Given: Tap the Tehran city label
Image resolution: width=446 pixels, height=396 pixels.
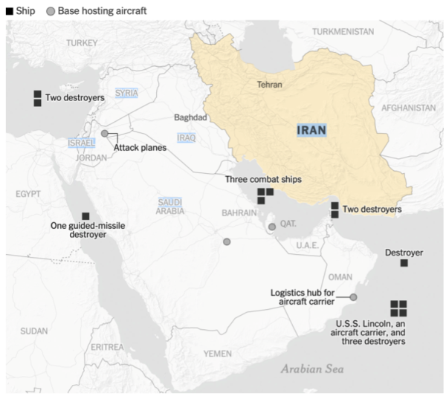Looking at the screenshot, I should pos(270,85).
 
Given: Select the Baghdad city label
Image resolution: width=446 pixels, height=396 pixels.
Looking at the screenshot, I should pos(190,117).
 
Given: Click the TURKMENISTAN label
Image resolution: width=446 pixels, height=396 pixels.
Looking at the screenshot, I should pos(343,32).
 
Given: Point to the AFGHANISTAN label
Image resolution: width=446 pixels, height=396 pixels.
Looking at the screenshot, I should pos(408,108).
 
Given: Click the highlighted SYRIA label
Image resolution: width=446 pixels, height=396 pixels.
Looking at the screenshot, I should pos(126,93).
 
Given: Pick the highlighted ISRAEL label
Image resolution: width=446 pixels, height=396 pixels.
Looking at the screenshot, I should pos(81,142).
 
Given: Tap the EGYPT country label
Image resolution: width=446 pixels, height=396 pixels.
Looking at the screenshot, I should pos(28,194).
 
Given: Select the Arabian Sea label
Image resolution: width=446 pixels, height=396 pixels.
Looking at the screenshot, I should pos(312,369).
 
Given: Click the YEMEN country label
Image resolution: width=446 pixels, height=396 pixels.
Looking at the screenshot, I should pos(218,353).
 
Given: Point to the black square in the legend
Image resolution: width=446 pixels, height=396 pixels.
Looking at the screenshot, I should pos(9,12).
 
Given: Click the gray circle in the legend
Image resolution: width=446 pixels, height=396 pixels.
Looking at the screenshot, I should pos(51,12).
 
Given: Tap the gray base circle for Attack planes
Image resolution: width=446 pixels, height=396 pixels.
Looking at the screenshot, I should pos(105,134).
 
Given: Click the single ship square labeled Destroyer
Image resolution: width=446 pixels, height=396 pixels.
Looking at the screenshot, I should pos(404,263).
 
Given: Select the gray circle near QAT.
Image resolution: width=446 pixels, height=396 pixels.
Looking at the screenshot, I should pos(272,227).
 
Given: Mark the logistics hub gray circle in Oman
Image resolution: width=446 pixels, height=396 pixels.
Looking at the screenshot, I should pos(353,297).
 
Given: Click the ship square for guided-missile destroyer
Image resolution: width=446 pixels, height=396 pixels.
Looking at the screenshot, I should pos(85,215).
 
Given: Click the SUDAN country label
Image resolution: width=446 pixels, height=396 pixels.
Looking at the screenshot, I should pos(33,331).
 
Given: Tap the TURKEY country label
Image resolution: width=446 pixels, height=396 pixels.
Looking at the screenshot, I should pos(81,43).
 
